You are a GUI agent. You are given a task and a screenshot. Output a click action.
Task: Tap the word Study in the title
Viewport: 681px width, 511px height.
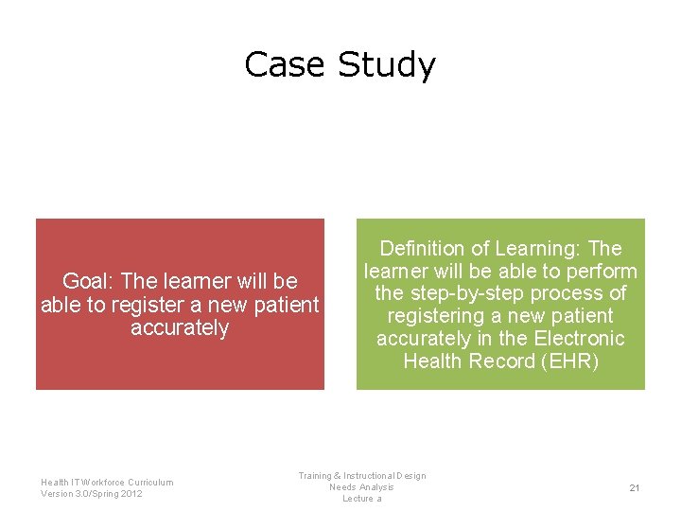coord(385,65)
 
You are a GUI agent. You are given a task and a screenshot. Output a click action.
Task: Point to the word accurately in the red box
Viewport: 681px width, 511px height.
coord(180,327)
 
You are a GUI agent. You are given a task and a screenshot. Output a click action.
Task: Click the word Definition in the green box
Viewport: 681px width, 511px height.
coord(423,248)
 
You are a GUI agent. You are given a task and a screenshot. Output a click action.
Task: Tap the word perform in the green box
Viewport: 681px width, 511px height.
coord(602,271)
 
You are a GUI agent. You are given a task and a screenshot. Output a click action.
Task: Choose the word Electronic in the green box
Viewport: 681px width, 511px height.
coord(579,338)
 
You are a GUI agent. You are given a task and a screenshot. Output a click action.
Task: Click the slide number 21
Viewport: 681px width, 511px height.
coord(635,487)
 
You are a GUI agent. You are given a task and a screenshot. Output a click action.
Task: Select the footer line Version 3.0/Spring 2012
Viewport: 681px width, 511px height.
coord(92,493)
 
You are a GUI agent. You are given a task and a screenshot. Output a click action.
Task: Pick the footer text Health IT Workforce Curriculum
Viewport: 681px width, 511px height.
coord(107,482)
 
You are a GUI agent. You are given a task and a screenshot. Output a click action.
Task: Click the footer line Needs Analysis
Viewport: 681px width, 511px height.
coord(361,487)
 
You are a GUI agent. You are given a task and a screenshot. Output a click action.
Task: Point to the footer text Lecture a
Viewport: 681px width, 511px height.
coord(361,499)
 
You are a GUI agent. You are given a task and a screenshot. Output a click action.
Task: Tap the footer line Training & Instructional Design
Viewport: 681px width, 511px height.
coord(361,476)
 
